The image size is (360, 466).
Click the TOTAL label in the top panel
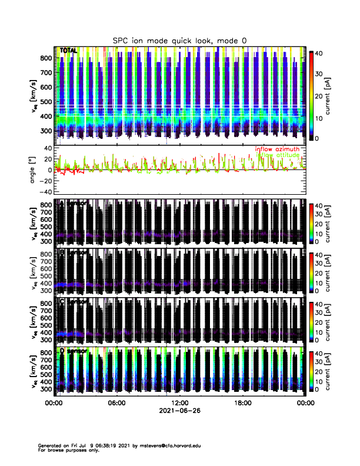69,51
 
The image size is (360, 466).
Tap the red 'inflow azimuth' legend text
277,149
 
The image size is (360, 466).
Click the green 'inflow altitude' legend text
277,155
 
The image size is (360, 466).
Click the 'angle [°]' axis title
34,170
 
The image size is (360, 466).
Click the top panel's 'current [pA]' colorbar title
335,95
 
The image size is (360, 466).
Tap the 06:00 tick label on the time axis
116,403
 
